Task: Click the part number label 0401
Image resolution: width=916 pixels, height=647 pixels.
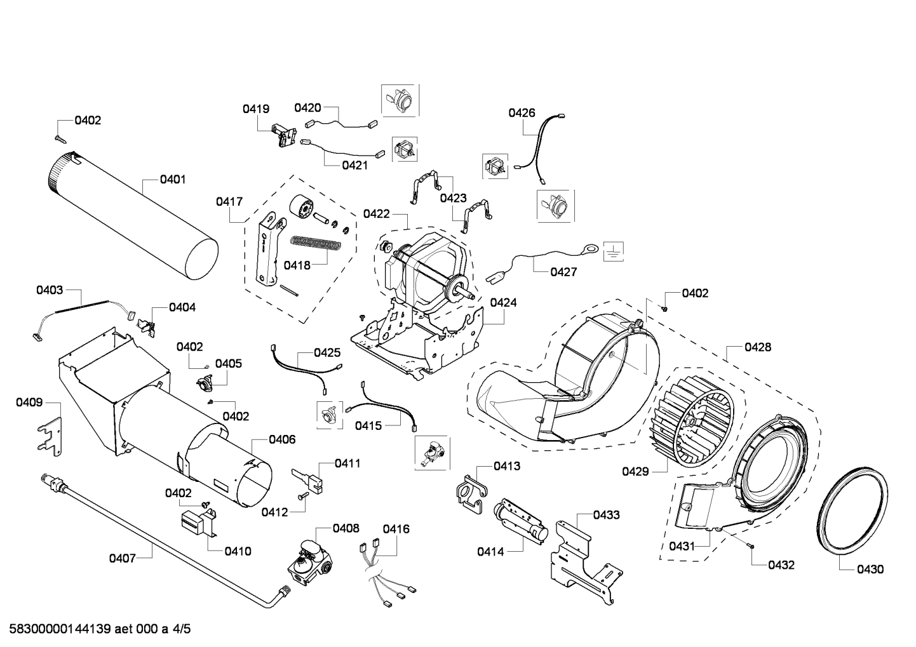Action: click(x=172, y=180)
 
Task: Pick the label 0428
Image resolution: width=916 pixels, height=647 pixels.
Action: click(x=758, y=347)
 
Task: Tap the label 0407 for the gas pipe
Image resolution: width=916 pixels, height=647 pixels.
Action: click(x=122, y=558)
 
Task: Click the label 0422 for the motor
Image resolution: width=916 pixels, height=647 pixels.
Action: click(x=376, y=214)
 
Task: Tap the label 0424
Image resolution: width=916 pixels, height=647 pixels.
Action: click(x=503, y=303)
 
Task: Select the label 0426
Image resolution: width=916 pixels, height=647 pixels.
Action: click(x=522, y=113)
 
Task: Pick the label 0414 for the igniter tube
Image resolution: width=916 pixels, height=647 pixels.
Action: click(x=490, y=552)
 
